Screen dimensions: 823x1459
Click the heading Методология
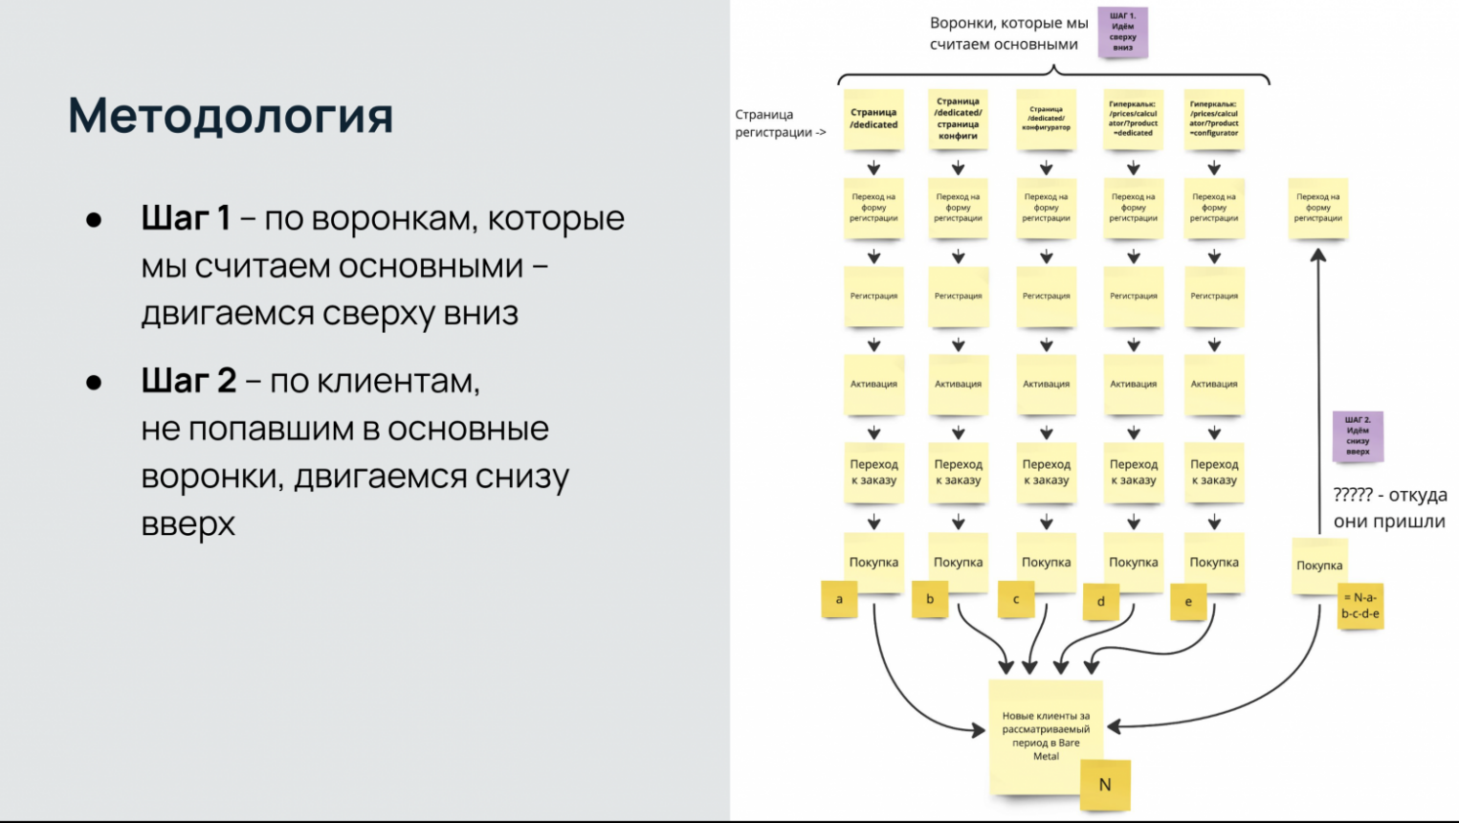pos(231,116)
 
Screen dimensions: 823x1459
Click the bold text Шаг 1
pos(186,218)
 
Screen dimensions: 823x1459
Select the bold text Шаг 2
pos(188,381)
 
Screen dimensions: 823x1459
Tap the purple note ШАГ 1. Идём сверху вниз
pos(1122,33)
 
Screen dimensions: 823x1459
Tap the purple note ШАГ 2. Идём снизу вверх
pos(1358,435)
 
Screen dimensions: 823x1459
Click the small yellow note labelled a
pos(839,599)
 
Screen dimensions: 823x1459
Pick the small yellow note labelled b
pos(929,599)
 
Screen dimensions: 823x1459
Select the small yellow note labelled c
pos(1016,599)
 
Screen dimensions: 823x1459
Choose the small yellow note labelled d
pos(1101,601)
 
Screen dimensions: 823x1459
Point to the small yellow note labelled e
pos(1188,601)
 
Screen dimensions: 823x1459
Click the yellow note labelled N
pos(1105,785)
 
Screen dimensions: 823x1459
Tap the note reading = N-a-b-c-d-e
pos(1360,606)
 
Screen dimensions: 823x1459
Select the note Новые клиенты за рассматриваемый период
pos(1045,735)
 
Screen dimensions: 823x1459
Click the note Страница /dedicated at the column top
pos(873,119)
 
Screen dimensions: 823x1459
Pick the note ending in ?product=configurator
pos(1214,119)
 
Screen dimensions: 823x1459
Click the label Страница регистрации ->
pos(780,123)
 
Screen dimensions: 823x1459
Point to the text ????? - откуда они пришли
pos(1389,508)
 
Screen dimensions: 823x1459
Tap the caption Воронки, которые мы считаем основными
pos(1008,33)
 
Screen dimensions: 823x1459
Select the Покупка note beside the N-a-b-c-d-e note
pos(1318,565)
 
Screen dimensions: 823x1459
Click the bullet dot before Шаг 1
pos(94,220)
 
